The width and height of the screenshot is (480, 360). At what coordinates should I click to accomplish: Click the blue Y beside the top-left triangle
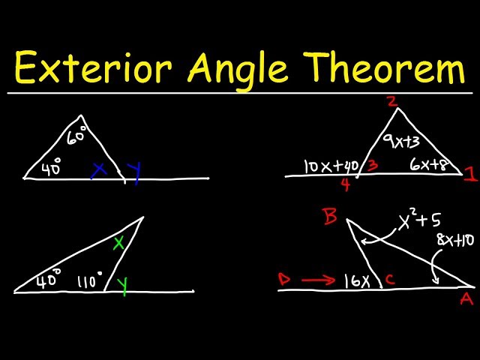(135, 173)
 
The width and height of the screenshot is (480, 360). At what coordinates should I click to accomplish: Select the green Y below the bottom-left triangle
(120, 286)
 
